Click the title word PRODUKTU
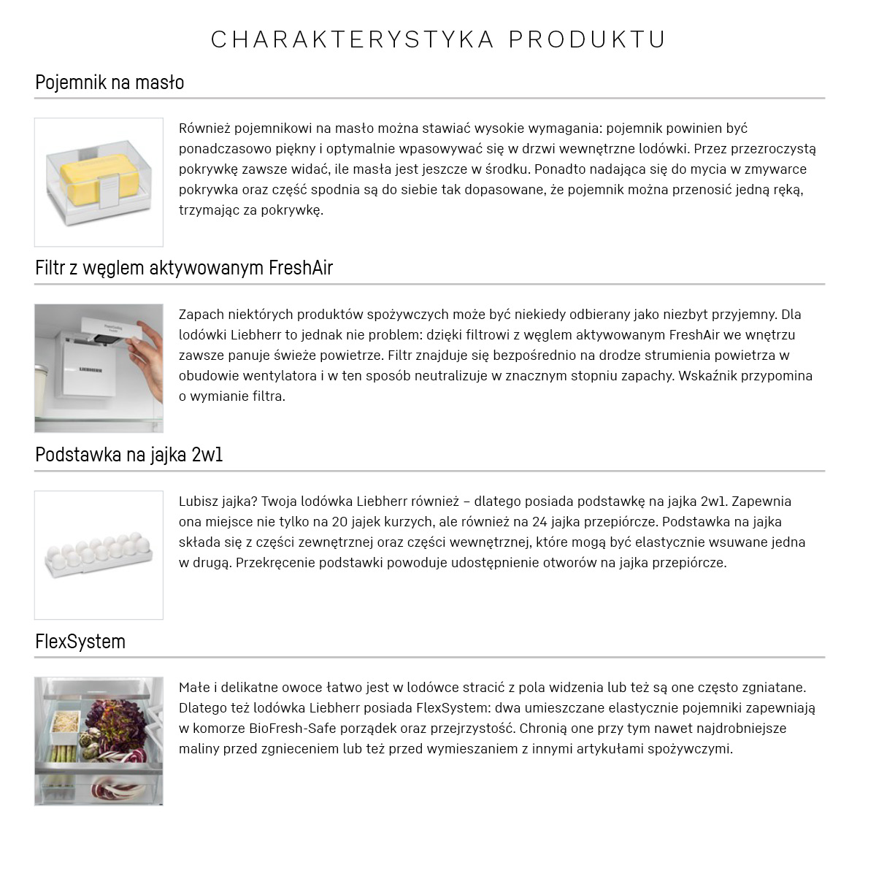[x=587, y=39]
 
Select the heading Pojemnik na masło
[x=109, y=82]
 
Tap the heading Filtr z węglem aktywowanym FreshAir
[x=184, y=268]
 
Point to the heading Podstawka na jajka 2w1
[x=129, y=455]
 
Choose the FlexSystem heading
[x=80, y=642]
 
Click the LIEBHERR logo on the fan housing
[x=87, y=371]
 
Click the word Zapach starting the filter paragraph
[x=201, y=315]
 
